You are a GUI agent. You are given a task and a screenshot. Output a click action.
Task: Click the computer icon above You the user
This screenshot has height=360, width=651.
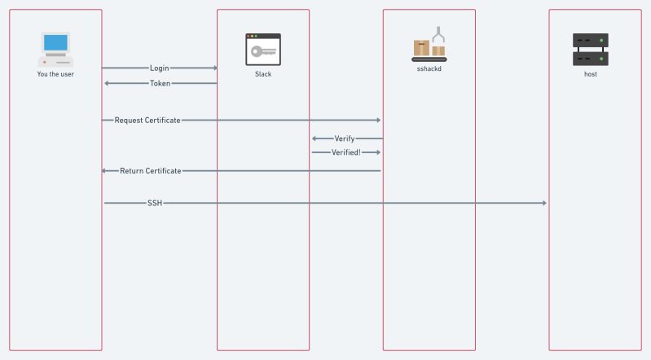pos(55,49)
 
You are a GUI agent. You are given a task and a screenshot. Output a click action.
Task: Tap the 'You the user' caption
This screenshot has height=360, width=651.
pos(55,74)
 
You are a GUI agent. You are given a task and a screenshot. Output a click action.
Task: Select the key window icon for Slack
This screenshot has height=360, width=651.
pos(262,49)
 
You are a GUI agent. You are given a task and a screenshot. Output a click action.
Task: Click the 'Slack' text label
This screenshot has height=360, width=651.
pos(263,74)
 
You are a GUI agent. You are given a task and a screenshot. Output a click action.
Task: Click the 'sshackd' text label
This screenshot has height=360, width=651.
pos(429,70)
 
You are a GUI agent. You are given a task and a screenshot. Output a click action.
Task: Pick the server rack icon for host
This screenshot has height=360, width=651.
pos(590,49)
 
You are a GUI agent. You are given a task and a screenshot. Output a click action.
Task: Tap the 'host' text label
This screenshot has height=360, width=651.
pos(590,74)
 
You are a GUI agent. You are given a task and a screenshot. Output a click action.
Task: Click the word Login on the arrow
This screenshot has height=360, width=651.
pos(160,68)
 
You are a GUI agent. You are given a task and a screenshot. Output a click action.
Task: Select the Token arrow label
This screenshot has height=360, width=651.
pos(160,83)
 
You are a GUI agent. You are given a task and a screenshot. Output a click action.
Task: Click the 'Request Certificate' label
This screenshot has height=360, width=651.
pos(147,120)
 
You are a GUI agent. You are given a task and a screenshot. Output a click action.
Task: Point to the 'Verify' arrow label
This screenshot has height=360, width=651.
pos(345,138)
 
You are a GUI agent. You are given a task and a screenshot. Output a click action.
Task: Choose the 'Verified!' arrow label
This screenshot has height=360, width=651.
pos(345,152)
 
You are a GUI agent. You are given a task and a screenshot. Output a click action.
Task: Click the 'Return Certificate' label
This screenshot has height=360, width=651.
pos(150,171)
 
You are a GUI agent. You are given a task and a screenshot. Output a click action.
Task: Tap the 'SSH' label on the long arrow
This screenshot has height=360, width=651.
pos(155,203)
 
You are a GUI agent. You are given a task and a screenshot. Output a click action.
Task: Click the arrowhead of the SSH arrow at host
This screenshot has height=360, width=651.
pos(544,203)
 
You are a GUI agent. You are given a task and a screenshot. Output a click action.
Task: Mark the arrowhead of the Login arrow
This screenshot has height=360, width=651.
pos(215,68)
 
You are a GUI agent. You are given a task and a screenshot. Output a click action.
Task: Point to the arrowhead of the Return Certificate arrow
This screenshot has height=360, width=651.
pos(104,171)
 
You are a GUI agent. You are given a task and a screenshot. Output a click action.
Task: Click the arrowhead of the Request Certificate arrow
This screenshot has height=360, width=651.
pos(378,120)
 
